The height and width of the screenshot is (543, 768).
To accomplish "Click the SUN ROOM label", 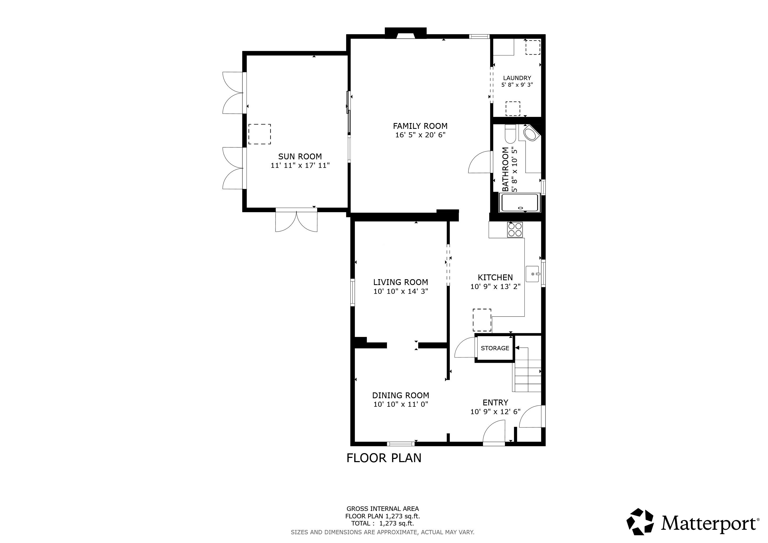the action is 300,156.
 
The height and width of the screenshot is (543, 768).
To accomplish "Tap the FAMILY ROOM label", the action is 420,126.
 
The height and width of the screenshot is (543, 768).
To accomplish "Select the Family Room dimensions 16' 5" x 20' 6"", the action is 420,135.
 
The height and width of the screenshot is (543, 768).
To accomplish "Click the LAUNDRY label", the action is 517,78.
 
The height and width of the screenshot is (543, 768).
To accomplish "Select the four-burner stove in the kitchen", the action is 515,230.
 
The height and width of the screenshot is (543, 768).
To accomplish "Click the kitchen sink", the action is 533,274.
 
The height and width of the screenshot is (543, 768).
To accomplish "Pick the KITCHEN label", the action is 495,278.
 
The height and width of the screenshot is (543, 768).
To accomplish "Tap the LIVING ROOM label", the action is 400,282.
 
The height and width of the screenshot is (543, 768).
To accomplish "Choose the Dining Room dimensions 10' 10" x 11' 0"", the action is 401,404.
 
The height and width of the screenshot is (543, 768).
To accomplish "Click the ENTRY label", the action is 495,402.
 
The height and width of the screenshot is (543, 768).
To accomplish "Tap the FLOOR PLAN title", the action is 384,458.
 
